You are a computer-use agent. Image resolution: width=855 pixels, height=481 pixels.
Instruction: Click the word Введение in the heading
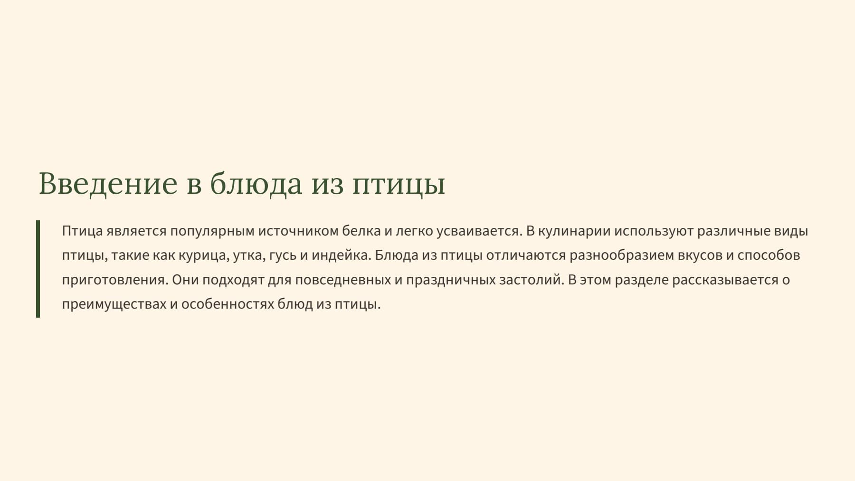click(x=108, y=183)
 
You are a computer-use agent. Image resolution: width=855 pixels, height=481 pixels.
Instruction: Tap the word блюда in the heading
click(x=256, y=183)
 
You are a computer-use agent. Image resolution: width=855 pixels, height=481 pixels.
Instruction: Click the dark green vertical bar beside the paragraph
click(x=38, y=268)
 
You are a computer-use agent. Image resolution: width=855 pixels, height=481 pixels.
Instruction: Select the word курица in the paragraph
click(x=202, y=255)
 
